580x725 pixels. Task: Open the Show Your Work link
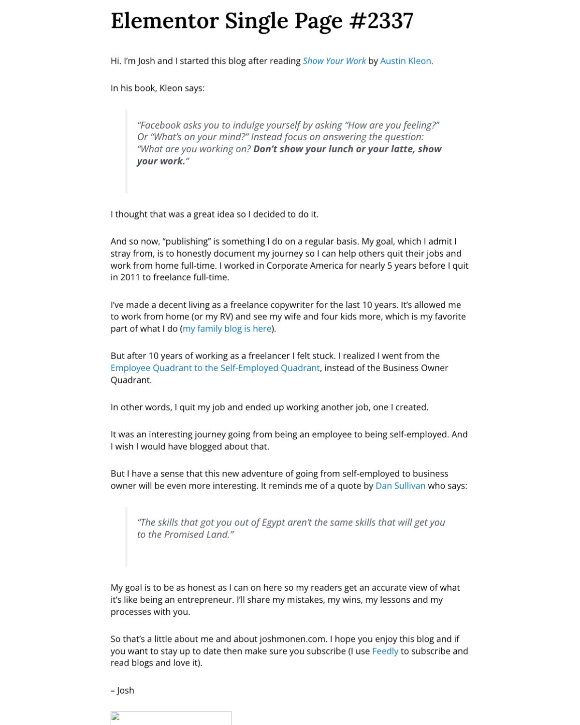pos(334,61)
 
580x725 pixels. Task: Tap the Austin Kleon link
pos(406,61)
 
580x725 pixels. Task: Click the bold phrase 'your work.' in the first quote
pos(161,161)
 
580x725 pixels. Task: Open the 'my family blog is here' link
pos(227,329)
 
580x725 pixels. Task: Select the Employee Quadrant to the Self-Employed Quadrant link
pos(215,368)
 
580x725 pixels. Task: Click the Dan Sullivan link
pos(400,486)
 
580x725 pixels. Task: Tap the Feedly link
pos(385,651)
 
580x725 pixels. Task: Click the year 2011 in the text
pos(130,277)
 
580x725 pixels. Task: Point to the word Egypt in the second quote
pos(274,522)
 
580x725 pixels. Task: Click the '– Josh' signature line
pos(122,691)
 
